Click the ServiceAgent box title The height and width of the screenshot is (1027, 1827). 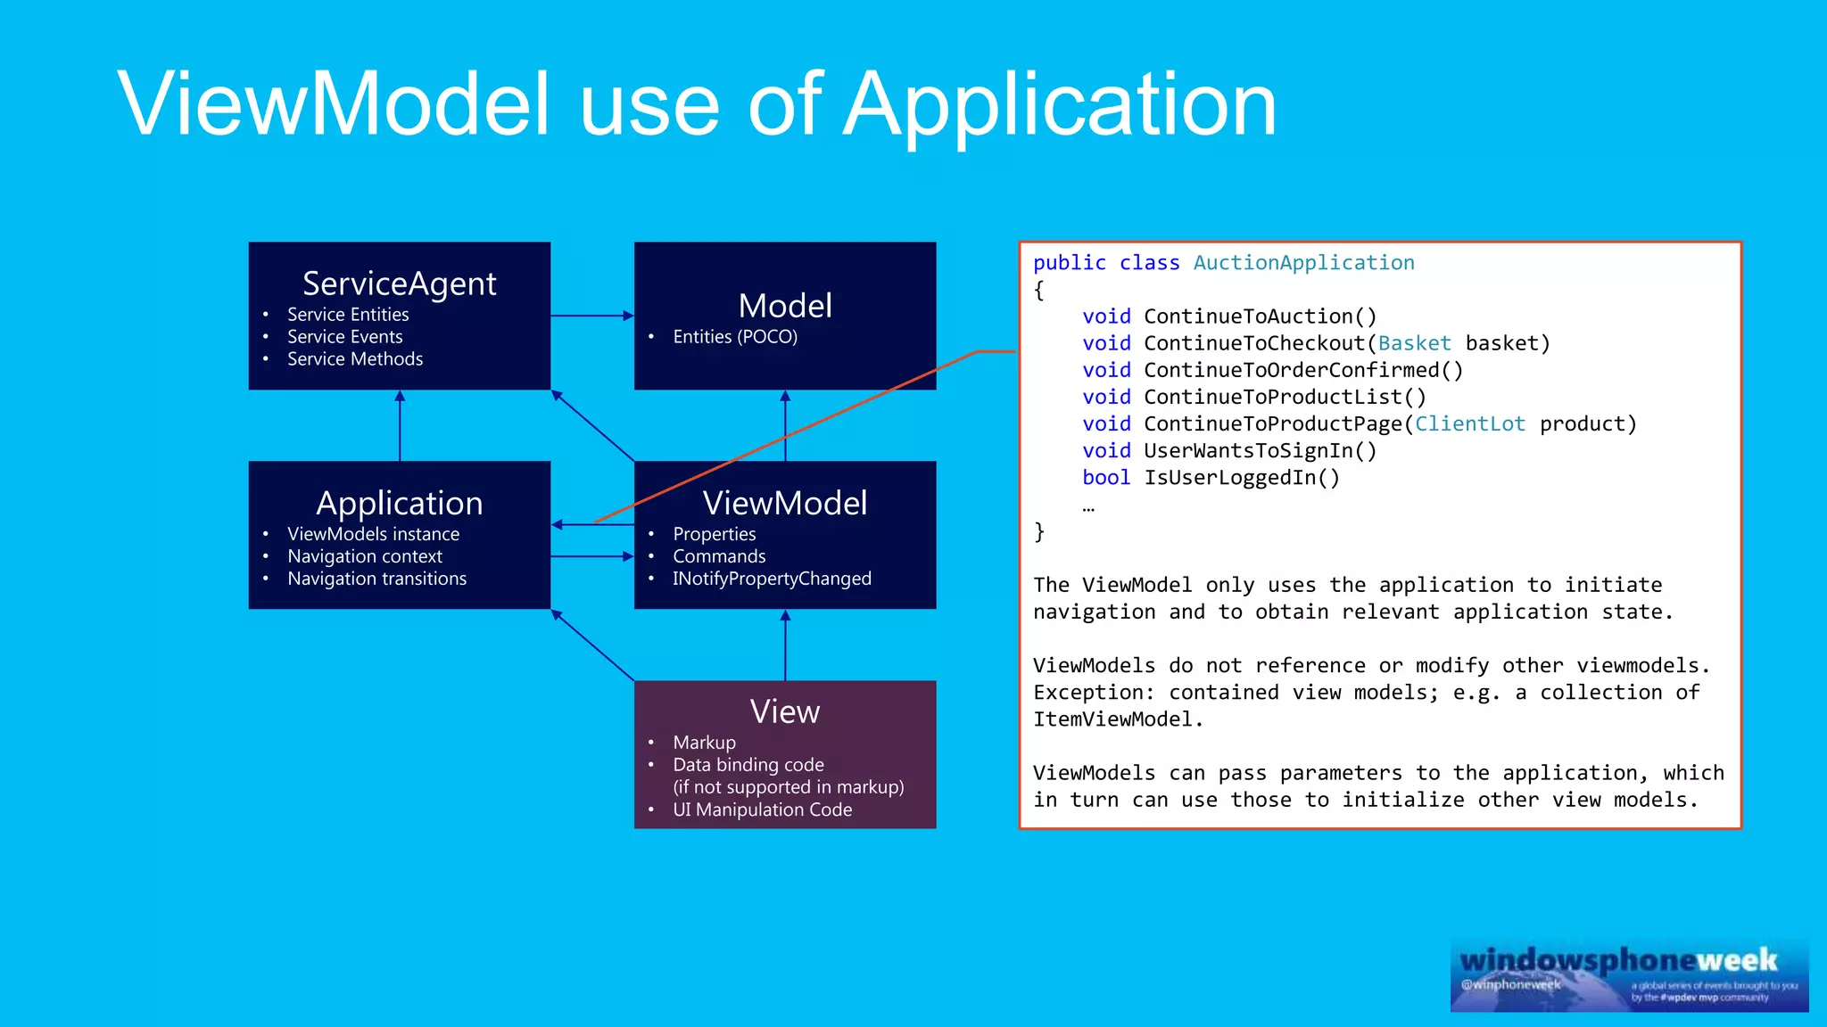tap(399, 283)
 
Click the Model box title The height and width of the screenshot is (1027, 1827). tap(785, 306)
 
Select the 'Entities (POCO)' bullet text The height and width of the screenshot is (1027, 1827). tap(735, 337)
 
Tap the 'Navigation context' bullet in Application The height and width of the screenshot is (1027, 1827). tap(364, 556)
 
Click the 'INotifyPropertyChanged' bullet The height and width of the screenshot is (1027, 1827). tap(772, 579)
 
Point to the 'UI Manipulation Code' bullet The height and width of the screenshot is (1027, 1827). tap(762, 809)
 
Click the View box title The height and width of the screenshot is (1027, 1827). tap(784, 711)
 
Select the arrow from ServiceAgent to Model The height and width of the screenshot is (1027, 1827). tap(591, 316)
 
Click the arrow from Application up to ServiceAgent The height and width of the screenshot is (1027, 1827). tap(400, 425)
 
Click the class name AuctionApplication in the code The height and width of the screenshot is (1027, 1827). tap(1303, 263)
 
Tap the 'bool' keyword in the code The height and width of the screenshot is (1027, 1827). tap(1105, 478)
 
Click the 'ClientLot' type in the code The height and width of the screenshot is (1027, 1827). tap(1469, 424)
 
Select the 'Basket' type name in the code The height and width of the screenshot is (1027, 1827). tap(1414, 343)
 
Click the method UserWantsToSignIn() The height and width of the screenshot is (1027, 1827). tap(1260, 451)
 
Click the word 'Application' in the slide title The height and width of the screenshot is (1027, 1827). tap(1060, 105)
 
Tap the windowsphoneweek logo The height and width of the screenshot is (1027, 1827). tap(1628, 974)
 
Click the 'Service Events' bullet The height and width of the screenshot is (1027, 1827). tap(344, 337)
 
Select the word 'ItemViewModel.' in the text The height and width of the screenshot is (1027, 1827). tap(1118, 719)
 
